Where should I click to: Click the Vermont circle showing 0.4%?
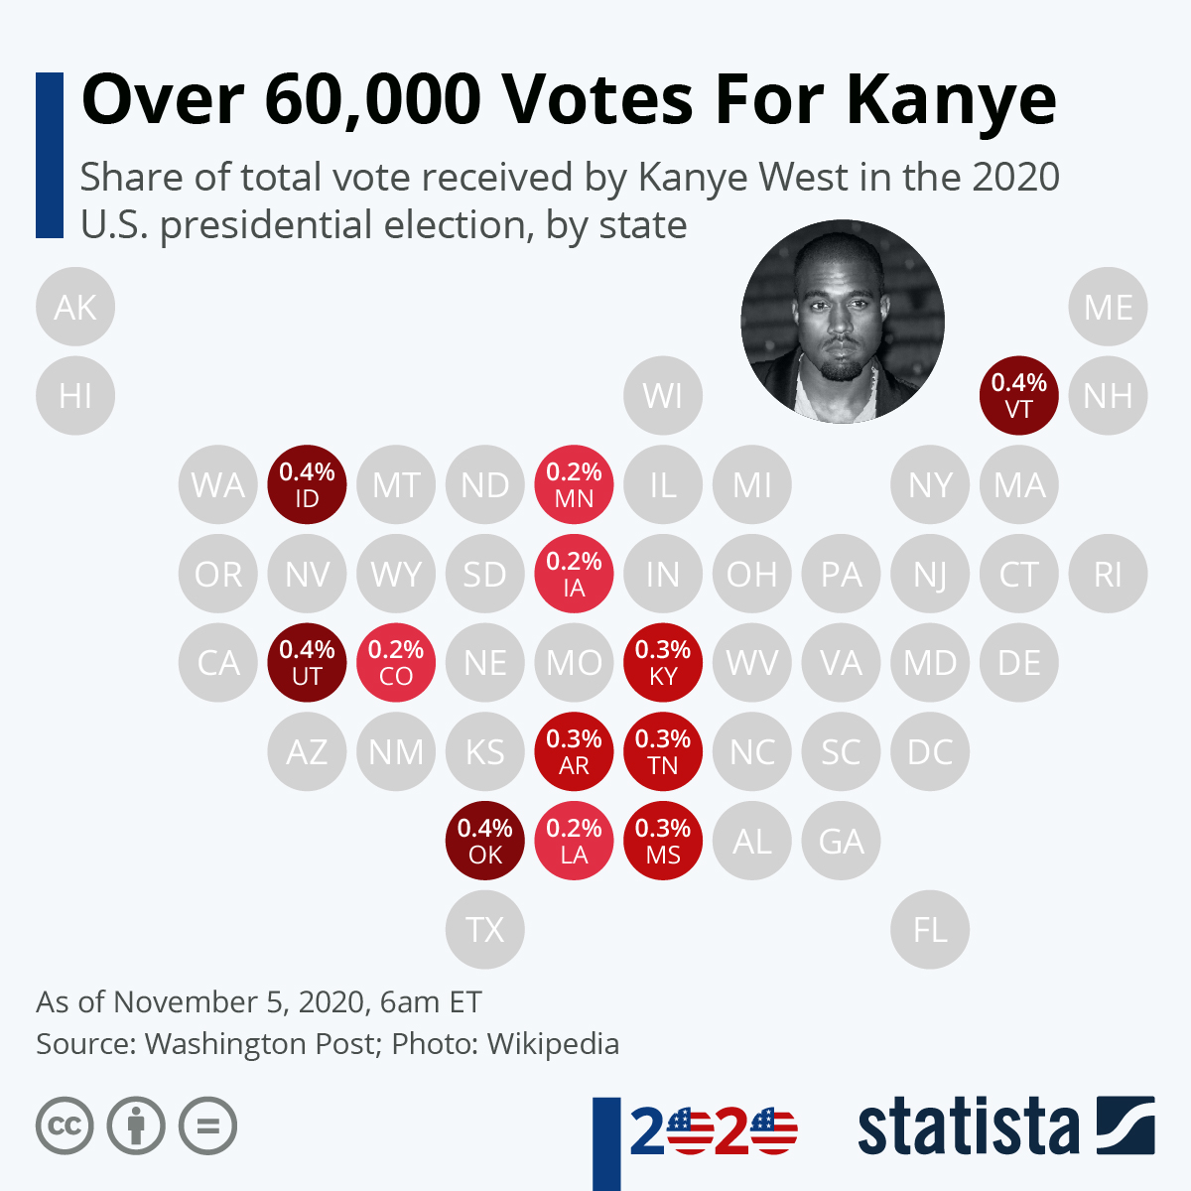click(1019, 395)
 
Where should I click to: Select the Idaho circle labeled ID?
click(307, 484)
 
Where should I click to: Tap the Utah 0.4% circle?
click(307, 662)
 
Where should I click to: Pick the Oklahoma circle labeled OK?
click(485, 841)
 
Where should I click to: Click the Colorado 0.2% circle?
click(396, 662)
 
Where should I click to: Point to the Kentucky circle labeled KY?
click(663, 662)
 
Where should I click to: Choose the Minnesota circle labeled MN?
click(574, 484)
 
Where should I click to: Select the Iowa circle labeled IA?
click(574, 574)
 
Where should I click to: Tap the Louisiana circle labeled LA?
click(574, 841)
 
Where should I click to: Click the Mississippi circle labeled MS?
click(663, 841)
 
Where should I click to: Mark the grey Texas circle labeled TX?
click(485, 930)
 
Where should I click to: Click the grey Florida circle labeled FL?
click(930, 930)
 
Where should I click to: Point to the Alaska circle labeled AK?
click(75, 307)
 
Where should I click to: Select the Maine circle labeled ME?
click(1108, 307)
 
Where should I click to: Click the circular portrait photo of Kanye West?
click(843, 322)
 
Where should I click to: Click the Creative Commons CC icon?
click(65, 1126)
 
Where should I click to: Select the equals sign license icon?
click(207, 1126)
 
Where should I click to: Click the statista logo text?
click(968, 1126)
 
